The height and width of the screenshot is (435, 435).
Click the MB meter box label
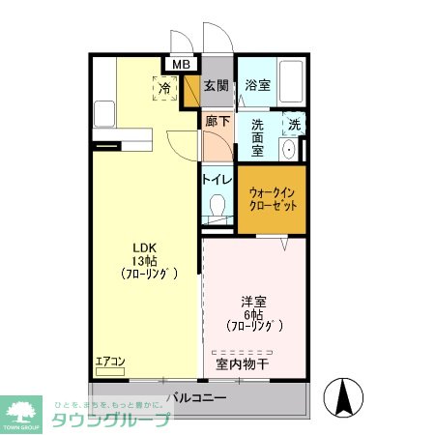pyautogui.click(x=180, y=65)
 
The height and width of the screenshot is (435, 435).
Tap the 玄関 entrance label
pyautogui.click(x=217, y=86)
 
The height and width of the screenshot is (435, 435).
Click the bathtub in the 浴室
pyautogui.click(x=291, y=81)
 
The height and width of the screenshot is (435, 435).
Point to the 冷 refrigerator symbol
pyautogui.click(x=164, y=88)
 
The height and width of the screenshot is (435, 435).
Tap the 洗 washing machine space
pyautogui.click(x=294, y=123)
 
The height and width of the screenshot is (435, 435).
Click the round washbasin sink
pyautogui.click(x=289, y=150)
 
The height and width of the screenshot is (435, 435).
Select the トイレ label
pyautogui.click(x=217, y=179)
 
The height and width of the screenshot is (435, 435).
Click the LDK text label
pyautogui.click(x=144, y=246)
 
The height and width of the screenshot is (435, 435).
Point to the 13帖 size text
pyautogui.click(x=144, y=260)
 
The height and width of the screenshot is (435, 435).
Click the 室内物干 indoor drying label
pyautogui.click(x=243, y=364)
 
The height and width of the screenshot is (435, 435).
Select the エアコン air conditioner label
pyautogui.click(x=110, y=362)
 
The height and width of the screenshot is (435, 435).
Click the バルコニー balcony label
pyautogui.click(x=196, y=397)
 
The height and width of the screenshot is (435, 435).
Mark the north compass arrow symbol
pyautogui.click(x=344, y=396)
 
